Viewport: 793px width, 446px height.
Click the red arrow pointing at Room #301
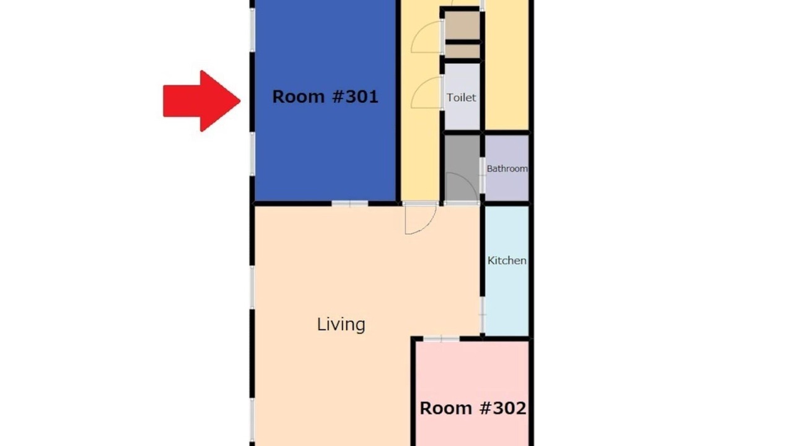pos(202,101)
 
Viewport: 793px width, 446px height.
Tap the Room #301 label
pos(325,97)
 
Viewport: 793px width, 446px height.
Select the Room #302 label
pos(473,408)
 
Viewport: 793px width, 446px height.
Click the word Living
pos(341,325)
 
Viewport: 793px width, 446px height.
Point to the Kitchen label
pos(507,261)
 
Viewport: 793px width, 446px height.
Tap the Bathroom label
pos(507,168)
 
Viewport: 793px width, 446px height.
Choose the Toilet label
pos(461,97)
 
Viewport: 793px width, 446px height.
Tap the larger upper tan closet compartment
pos(462,25)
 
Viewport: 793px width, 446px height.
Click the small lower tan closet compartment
pos(462,51)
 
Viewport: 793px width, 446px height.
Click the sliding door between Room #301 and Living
pos(350,204)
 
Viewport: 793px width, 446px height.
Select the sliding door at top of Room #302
pos(442,339)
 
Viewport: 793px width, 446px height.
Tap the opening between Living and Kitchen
pos(482,315)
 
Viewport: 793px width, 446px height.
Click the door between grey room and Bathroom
pos(482,175)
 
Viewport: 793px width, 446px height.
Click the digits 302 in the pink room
pos(509,408)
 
